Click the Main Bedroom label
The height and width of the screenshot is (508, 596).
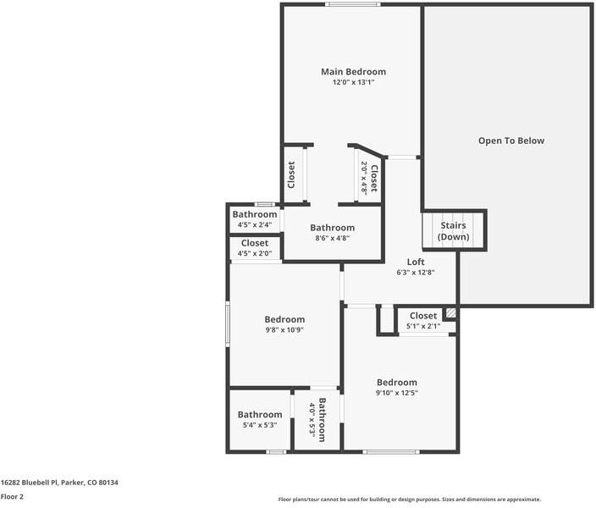click(x=353, y=72)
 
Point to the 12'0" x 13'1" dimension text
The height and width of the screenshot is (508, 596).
click(x=353, y=83)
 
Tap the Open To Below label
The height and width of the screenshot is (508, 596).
click(x=510, y=141)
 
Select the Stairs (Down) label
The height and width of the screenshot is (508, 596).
click(x=453, y=231)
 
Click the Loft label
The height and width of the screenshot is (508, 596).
click(x=415, y=262)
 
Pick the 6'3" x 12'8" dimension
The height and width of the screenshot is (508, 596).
click(x=415, y=273)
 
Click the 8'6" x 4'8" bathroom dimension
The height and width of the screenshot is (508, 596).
click(x=332, y=239)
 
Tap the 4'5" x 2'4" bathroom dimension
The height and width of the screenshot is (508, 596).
click(x=255, y=225)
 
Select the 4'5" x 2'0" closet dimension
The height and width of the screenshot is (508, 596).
click(x=255, y=254)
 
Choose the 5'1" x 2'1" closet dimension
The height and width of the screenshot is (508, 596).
click(x=423, y=326)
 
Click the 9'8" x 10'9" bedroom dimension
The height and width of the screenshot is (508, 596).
click(x=284, y=330)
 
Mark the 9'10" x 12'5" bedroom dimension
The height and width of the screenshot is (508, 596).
click(x=397, y=393)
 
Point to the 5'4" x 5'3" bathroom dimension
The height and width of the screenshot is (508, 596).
click(x=260, y=425)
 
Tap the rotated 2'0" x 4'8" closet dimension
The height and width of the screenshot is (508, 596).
click(x=364, y=178)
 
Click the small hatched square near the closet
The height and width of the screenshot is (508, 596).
click(x=451, y=313)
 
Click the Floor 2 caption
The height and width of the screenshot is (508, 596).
click(x=12, y=497)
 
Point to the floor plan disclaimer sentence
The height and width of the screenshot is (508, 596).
click(x=410, y=500)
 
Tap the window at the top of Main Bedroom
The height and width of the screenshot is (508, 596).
click(x=353, y=5)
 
